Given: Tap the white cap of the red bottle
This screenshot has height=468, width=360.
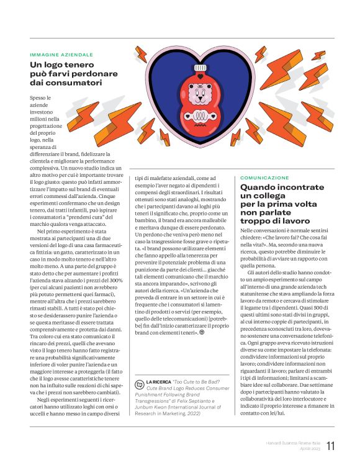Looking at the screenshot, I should click(200, 67).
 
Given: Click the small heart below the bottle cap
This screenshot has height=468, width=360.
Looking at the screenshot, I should click(200, 76).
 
